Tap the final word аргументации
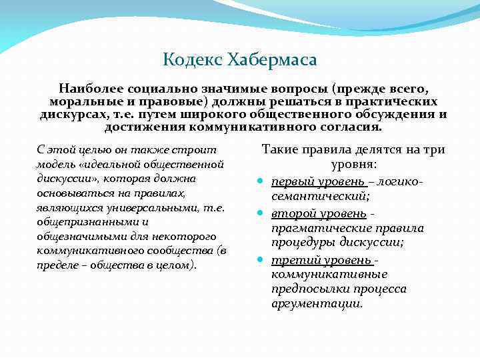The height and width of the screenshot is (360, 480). click(x=317, y=303)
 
